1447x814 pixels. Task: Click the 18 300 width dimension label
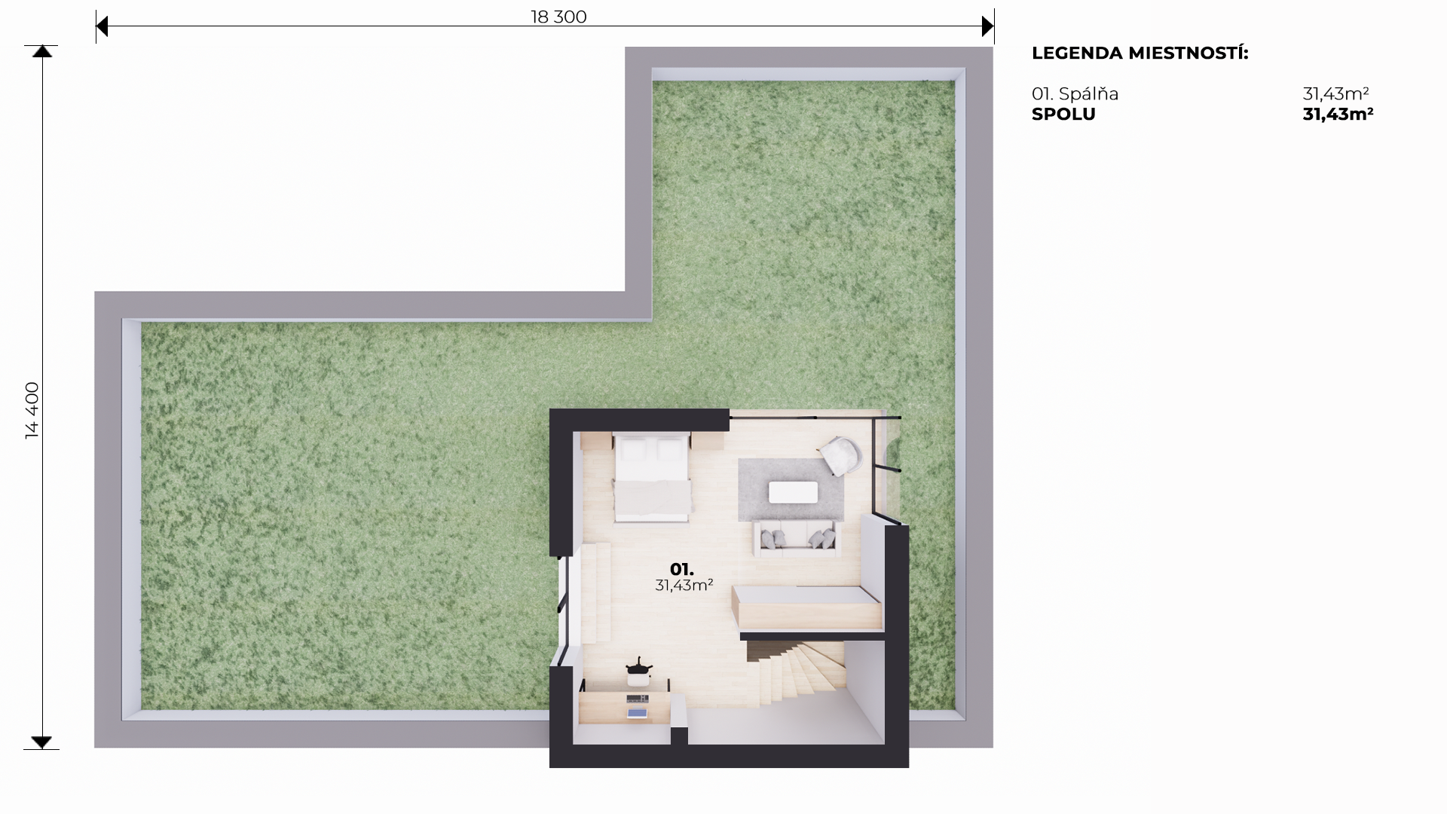click(x=558, y=17)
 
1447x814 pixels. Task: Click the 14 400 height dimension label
click(x=32, y=410)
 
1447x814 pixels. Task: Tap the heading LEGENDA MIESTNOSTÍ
click(x=1140, y=53)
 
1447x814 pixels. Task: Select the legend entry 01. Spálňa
click(x=1075, y=94)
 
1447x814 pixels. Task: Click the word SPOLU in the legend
click(x=1063, y=114)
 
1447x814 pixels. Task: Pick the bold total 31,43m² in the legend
click(x=1338, y=114)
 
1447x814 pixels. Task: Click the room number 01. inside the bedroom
click(x=682, y=570)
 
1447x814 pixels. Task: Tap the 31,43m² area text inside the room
click(x=684, y=585)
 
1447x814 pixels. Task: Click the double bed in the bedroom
click(x=652, y=477)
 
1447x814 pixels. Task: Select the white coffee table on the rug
click(x=793, y=492)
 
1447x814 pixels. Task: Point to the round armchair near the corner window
click(x=841, y=456)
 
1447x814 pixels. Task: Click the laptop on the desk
click(x=638, y=711)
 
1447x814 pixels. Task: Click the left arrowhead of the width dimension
click(x=102, y=27)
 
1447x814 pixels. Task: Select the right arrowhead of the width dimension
click(x=988, y=27)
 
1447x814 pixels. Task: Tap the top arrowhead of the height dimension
click(x=42, y=51)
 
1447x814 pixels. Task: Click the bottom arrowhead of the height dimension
click(x=42, y=742)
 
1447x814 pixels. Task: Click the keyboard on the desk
click(x=638, y=699)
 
